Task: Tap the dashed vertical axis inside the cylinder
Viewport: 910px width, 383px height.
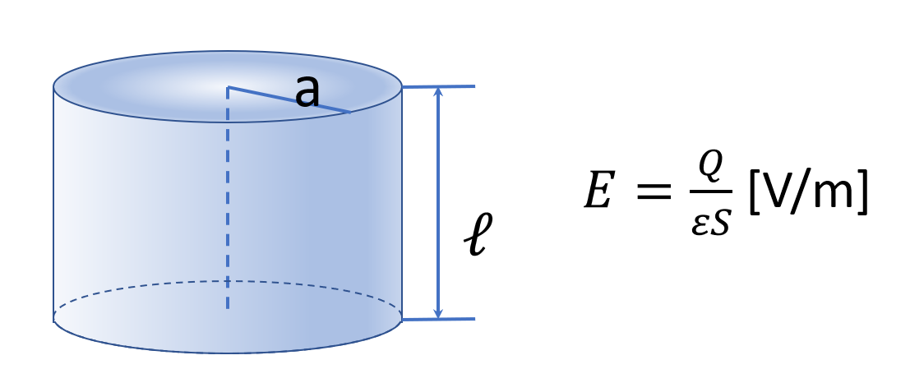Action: click(228, 205)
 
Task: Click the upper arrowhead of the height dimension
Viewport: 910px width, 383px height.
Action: click(438, 91)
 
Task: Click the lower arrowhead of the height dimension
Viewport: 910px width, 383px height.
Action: click(438, 313)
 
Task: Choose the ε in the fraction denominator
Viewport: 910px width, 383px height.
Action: click(698, 223)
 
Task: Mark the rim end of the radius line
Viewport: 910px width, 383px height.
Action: click(350, 112)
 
